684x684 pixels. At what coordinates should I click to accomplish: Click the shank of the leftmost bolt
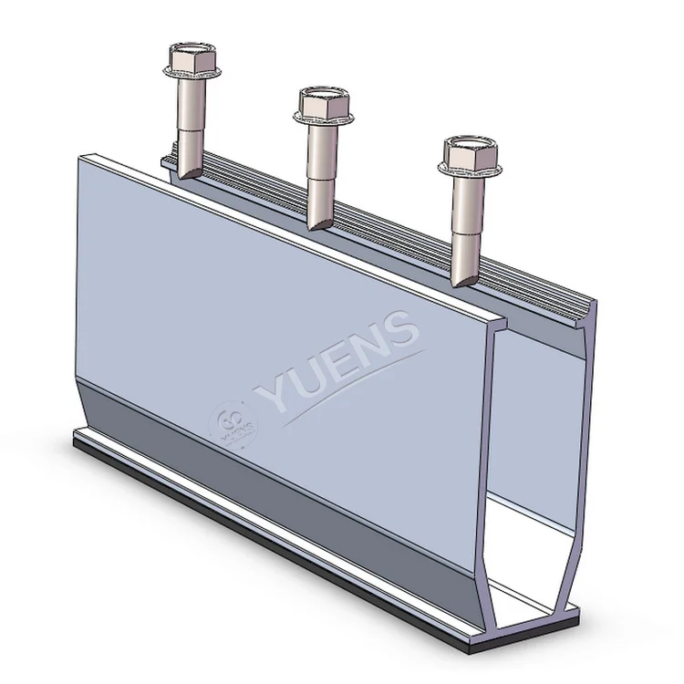pyautogui.click(x=191, y=119)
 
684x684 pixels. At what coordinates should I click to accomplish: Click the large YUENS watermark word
pyautogui.click(x=337, y=360)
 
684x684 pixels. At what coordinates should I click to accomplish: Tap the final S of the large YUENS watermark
pyautogui.click(x=401, y=329)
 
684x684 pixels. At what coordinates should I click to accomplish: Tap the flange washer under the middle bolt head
pyautogui.click(x=323, y=117)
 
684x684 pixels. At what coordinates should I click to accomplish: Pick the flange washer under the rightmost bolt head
pyautogui.click(x=471, y=169)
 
